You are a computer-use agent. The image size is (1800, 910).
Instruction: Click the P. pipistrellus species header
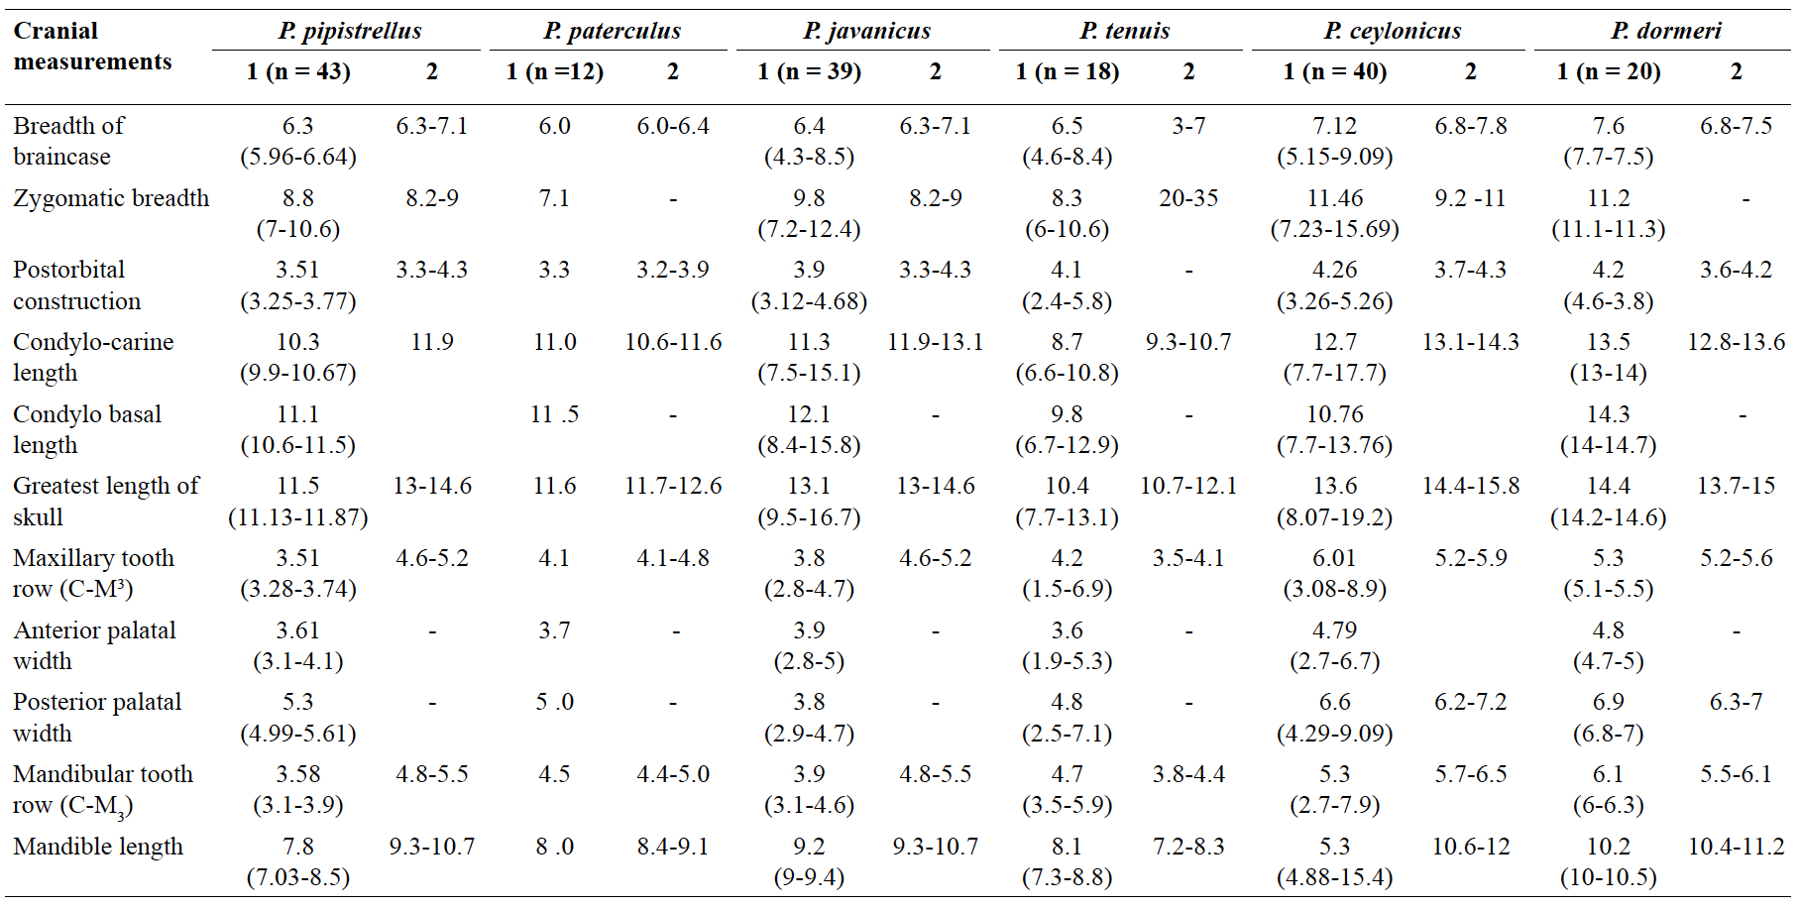point(350,31)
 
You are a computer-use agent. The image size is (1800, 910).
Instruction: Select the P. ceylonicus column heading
point(1393,31)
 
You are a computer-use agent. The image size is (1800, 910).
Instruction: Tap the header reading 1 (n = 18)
point(1068,71)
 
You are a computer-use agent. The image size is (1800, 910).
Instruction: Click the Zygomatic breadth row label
point(111,198)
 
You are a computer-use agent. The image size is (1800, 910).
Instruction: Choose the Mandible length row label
point(98,847)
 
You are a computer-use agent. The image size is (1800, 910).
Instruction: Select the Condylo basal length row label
point(87,429)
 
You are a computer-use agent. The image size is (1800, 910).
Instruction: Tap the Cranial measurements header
point(92,46)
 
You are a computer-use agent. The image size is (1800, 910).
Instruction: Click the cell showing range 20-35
point(1188,198)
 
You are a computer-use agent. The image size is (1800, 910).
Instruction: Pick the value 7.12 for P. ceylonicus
point(1335,126)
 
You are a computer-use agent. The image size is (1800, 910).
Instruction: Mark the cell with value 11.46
point(1335,198)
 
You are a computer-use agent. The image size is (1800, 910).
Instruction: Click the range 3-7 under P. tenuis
point(1188,126)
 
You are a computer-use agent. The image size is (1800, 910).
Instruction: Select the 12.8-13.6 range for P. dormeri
point(1737,342)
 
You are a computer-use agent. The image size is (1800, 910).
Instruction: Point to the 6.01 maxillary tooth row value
point(1335,558)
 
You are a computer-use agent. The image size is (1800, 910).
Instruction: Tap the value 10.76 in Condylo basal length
point(1335,414)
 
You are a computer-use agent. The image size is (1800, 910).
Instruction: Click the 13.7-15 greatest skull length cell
point(1737,486)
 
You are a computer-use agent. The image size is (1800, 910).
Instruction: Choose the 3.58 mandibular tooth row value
point(298,774)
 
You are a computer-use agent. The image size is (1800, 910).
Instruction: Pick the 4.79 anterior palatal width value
point(1335,630)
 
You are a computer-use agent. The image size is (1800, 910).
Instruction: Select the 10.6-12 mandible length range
point(1471,847)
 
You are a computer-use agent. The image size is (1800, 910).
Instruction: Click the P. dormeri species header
point(1666,31)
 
